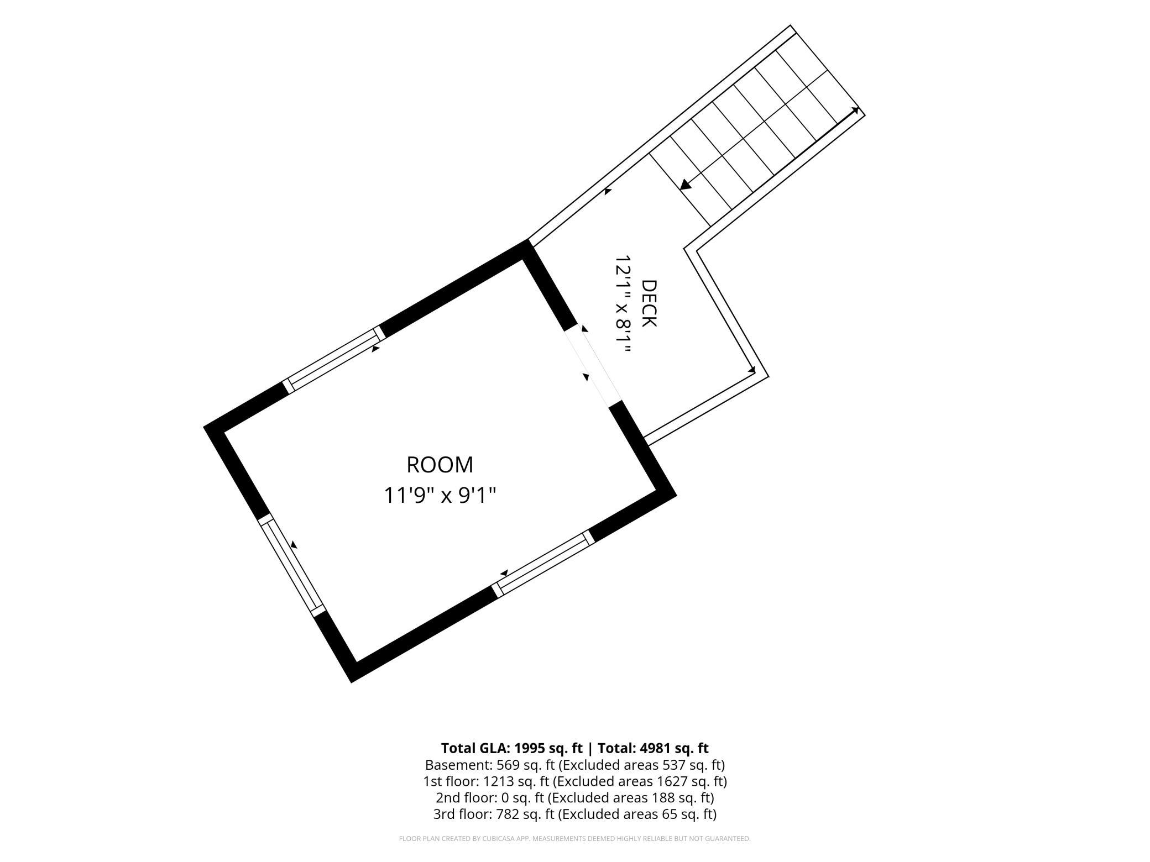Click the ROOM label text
(440, 465)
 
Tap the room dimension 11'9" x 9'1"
(440, 495)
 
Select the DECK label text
(649, 303)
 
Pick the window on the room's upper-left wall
(334, 359)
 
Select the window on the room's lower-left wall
(291, 565)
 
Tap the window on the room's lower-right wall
(543, 564)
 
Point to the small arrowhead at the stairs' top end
(855, 111)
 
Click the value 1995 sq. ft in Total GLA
(548, 748)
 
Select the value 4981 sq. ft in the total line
(674, 748)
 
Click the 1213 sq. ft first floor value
(516, 782)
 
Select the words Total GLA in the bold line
(475, 748)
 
